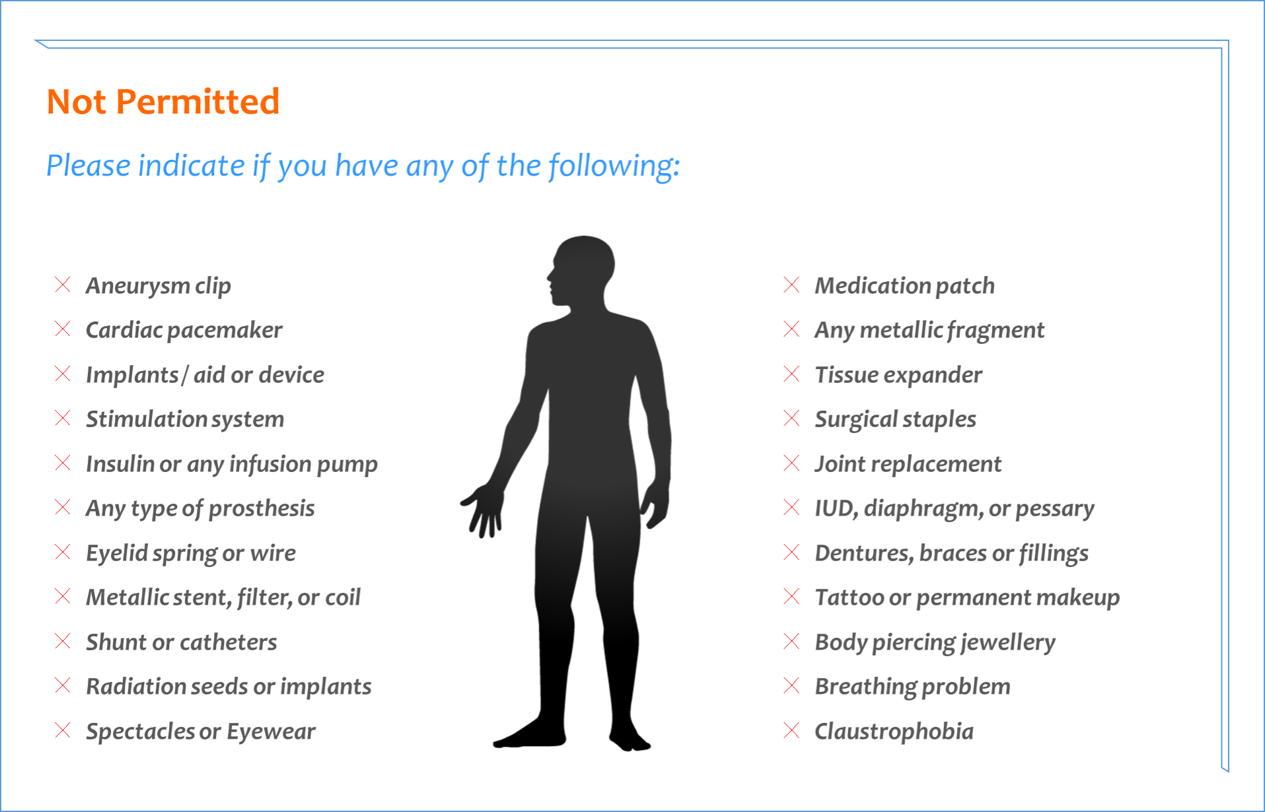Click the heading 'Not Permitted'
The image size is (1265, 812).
(163, 102)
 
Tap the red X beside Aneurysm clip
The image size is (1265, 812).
(63, 285)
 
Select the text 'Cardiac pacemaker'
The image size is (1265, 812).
(184, 330)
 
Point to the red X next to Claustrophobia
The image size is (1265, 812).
(791, 730)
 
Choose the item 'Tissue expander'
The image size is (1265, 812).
(898, 375)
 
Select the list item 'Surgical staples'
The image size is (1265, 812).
(896, 420)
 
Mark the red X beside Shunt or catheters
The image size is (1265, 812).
(63, 641)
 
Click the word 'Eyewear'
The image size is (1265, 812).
(271, 731)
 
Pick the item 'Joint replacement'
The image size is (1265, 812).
(908, 464)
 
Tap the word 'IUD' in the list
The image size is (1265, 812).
(836, 509)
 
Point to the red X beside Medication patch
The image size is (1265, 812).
(791, 285)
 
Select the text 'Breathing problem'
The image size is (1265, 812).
(913, 687)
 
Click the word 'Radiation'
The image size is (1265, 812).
(135, 687)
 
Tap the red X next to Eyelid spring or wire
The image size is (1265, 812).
(63, 552)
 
